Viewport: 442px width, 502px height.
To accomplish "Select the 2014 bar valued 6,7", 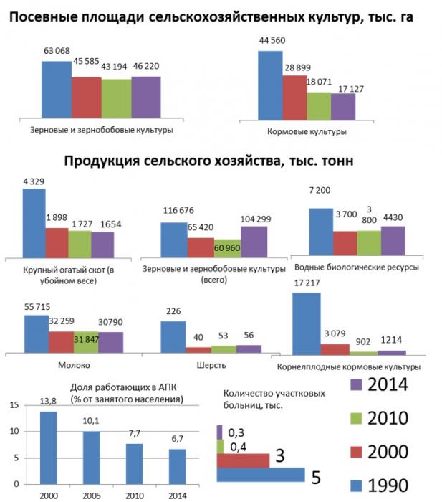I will (176, 465).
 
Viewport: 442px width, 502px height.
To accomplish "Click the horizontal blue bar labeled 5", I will (260, 474).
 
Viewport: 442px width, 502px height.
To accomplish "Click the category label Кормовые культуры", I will (317, 131).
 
